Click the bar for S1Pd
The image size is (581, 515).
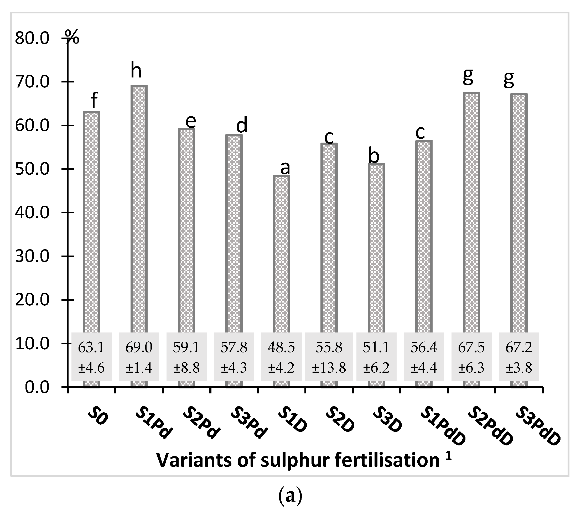pyautogui.click(x=139, y=207)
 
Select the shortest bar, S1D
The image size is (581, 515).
pyautogui.click(x=281, y=253)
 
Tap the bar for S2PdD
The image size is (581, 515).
pyautogui.click(x=471, y=210)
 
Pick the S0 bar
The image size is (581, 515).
pyautogui.click(x=91, y=222)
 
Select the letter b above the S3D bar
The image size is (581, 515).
pyautogui.click(x=374, y=155)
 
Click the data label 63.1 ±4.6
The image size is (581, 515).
pyautogui.click(x=91, y=357)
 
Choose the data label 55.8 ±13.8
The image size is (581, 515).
pyautogui.click(x=329, y=357)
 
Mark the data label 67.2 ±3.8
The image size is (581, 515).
pyautogui.click(x=519, y=357)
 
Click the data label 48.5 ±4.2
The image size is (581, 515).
pyautogui.click(x=281, y=357)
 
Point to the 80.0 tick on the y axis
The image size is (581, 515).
pyautogui.click(x=32, y=38)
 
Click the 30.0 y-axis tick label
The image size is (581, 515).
pyautogui.click(x=32, y=256)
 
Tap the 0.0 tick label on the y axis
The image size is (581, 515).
pyautogui.click(x=37, y=387)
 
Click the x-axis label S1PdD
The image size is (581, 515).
pyautogui.click(x=443, y=425)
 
